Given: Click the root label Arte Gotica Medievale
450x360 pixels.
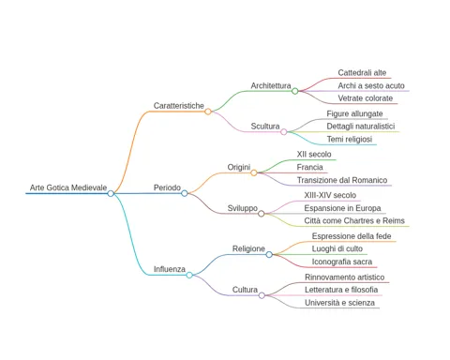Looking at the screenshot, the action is point(68,187).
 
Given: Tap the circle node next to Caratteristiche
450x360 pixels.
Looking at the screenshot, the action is point(208,112).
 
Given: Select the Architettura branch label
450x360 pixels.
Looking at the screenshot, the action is point(271,85).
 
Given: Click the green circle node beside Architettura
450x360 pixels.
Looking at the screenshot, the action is point(294,91).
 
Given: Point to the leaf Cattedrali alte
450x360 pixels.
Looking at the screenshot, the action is point(362,72).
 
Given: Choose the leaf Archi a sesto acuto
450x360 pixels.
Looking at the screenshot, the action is point(371,85).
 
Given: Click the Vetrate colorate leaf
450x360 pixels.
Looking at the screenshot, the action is point(366,98).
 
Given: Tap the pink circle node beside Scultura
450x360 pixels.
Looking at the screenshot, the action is point(284,132).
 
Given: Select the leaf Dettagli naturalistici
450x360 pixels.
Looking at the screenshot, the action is point(361,127).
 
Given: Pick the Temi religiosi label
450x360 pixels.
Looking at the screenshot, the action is point(350,139).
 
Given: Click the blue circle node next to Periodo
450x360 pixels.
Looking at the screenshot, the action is point(185,193).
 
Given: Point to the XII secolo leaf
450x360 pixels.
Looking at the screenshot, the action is point(314,154).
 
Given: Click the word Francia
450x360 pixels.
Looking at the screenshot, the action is point(309,167).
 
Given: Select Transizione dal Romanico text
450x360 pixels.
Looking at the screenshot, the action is point(342,180).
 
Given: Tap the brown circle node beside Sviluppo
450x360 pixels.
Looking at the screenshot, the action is point(262,214).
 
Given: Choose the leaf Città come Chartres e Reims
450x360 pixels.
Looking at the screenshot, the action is point(354,220).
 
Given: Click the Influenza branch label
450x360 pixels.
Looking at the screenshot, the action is point(170,269).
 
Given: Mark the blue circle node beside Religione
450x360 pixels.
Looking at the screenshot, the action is point(269,255).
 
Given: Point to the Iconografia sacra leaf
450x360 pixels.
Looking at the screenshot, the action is point(342,262).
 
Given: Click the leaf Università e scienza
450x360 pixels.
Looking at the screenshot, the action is point(339,303).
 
